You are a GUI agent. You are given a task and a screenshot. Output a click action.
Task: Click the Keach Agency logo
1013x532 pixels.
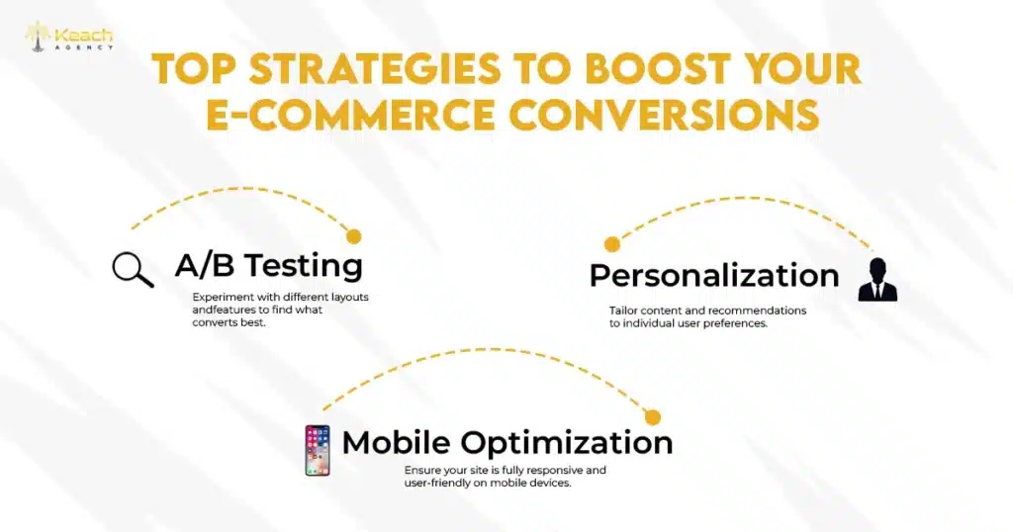click(x=67, y=37)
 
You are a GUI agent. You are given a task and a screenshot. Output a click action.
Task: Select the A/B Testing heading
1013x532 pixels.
click(x=268, y=265)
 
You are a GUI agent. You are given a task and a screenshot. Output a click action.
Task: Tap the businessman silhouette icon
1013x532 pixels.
click(x=876, y=279)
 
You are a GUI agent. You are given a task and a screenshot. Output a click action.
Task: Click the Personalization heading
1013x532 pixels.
click(x=713, y=275)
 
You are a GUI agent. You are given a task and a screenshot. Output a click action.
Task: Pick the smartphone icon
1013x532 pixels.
click(x=317, y=450)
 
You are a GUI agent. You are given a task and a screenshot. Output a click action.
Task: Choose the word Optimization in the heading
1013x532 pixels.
click(x=567, y=442)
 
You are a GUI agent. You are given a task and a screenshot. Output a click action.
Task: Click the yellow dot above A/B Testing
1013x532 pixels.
click(x=354, y=236)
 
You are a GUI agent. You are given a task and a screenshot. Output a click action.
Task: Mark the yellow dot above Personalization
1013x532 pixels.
click(x=612, y=244)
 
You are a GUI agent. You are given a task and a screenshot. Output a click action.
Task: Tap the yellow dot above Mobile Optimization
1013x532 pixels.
click(x=652, y=417)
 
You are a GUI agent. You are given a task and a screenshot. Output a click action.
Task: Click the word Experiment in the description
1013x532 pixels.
click(x=221, y=297)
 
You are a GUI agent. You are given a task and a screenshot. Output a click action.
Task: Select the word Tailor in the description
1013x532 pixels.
click(x=623, y=310)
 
